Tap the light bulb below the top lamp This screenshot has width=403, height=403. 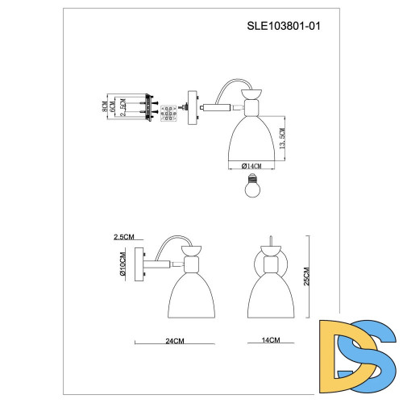pyautogui.click(x=251, y=187)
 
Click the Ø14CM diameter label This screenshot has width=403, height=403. pyautogui.click(x=251, y=165)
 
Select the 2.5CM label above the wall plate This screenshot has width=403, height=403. pyautogui.click(x=124, y=237)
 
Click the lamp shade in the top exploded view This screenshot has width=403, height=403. pyautogui.click(x=251, y=135)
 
